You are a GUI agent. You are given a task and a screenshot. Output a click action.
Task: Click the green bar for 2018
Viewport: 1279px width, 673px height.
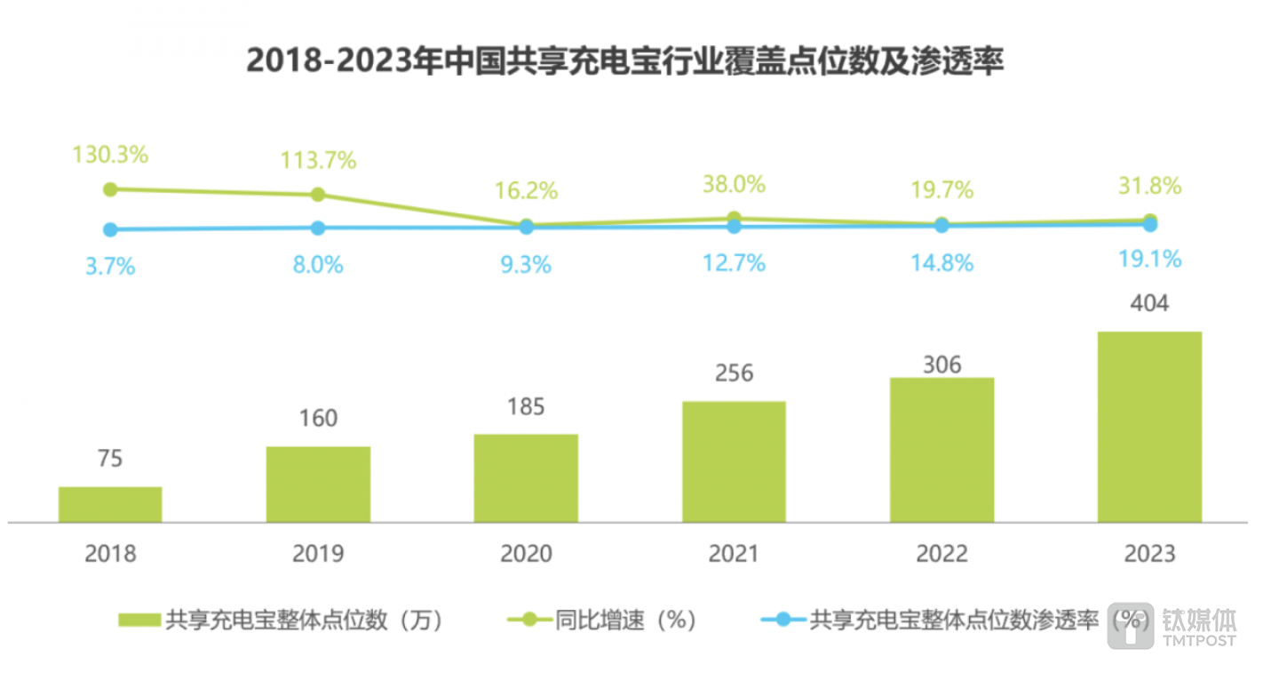110,504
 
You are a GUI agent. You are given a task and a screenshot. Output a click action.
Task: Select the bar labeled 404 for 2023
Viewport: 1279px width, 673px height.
1149,427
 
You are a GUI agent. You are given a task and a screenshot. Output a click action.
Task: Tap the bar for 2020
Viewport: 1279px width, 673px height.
526,477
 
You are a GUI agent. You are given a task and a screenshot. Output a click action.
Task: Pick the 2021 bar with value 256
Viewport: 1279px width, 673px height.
734,461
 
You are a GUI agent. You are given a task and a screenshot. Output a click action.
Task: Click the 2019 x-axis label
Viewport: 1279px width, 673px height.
318,554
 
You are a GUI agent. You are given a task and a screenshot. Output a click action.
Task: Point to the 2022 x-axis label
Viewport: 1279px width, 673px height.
941,554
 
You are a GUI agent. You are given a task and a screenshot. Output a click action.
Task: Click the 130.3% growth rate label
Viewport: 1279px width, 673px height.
111,154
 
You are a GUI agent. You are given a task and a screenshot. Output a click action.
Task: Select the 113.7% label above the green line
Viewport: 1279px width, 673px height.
318,160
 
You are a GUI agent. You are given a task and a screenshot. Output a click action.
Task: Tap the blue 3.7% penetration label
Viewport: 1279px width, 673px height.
110,266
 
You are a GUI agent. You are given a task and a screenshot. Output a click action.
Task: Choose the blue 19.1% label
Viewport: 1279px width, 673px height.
1149,259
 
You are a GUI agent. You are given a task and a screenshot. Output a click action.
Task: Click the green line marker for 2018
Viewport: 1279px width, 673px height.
110,189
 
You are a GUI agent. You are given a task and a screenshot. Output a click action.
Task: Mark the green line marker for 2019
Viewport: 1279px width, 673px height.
318,195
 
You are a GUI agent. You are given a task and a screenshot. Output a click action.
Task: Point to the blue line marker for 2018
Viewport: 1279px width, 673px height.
110,229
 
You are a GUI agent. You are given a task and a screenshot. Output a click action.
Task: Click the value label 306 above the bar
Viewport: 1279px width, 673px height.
941,365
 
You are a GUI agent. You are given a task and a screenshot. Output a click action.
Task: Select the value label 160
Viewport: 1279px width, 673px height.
318,418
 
